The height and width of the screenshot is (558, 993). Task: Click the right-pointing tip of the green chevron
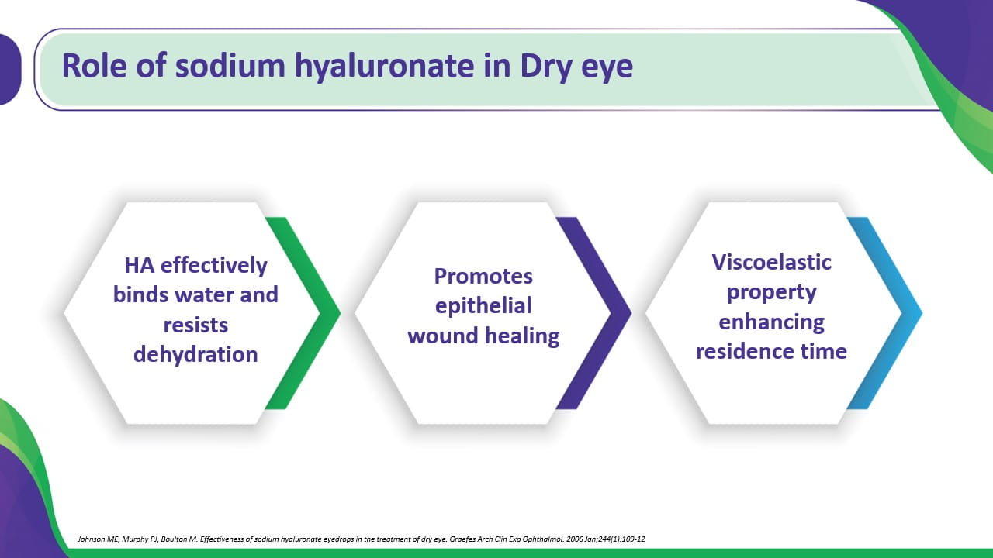point(341,313)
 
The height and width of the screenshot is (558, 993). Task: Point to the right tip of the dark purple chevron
point(631,313)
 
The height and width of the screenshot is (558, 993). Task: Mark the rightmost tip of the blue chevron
point(922,313)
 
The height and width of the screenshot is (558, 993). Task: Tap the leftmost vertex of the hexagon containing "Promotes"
point(355,313)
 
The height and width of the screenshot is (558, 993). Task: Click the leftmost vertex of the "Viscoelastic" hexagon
point(645,313)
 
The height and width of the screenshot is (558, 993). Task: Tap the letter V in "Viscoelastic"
point(720,262)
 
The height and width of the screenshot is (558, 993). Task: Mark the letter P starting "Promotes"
point(440,277)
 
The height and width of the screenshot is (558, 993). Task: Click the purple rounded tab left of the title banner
point(10,70)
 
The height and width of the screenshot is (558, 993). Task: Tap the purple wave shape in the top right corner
point(953,40)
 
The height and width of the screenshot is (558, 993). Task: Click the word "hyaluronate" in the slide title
point(384,67)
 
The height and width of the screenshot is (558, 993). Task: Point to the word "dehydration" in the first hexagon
point(195,354)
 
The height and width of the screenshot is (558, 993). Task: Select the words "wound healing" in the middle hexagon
point(483,336)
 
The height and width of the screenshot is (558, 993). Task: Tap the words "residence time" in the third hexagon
point(771,351)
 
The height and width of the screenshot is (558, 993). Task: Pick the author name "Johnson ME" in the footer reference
point(98,539)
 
